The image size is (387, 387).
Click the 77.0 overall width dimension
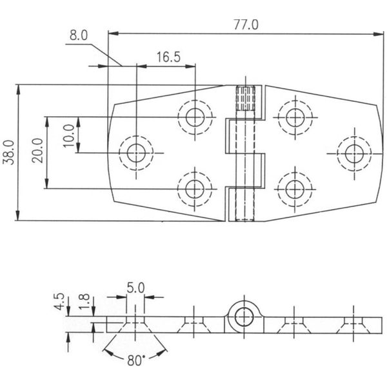(245, 25)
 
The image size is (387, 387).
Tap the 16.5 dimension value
(167, 57)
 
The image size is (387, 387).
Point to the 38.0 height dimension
(8, 152)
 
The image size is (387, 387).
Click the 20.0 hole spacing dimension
(37, 152)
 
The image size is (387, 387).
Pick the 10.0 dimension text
(68, 135)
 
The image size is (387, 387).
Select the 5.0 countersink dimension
(135, 288)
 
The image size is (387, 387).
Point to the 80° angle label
(135, 361)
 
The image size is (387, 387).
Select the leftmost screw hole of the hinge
(136, 153)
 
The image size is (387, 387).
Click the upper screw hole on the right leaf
(295, 117)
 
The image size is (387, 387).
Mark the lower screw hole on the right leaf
(295, 188)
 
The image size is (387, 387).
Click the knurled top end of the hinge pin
(244, 99)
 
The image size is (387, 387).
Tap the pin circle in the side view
(244, 316)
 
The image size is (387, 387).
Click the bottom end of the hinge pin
(244, 210)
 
